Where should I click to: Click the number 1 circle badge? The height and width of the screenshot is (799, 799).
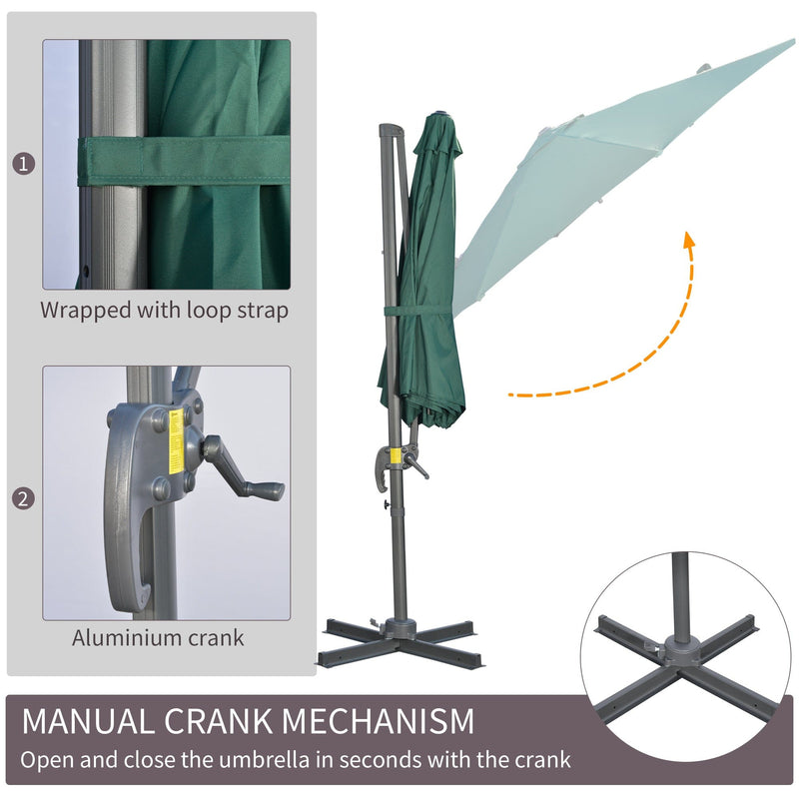23,164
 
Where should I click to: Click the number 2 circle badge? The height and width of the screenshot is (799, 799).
23,498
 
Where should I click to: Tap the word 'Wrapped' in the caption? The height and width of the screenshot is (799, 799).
86,311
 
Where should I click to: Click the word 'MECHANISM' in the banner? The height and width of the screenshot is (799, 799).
378,721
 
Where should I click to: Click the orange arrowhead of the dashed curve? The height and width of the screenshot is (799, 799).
689,240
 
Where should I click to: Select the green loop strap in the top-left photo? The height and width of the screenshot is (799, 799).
184,161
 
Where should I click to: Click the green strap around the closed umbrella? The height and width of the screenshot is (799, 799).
417,311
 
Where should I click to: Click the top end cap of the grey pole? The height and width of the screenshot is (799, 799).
391,130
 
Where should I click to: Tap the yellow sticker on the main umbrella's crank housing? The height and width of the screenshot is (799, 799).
395,455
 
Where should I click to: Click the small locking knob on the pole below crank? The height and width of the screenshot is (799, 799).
387,504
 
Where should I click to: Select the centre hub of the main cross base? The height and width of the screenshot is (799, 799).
400,627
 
